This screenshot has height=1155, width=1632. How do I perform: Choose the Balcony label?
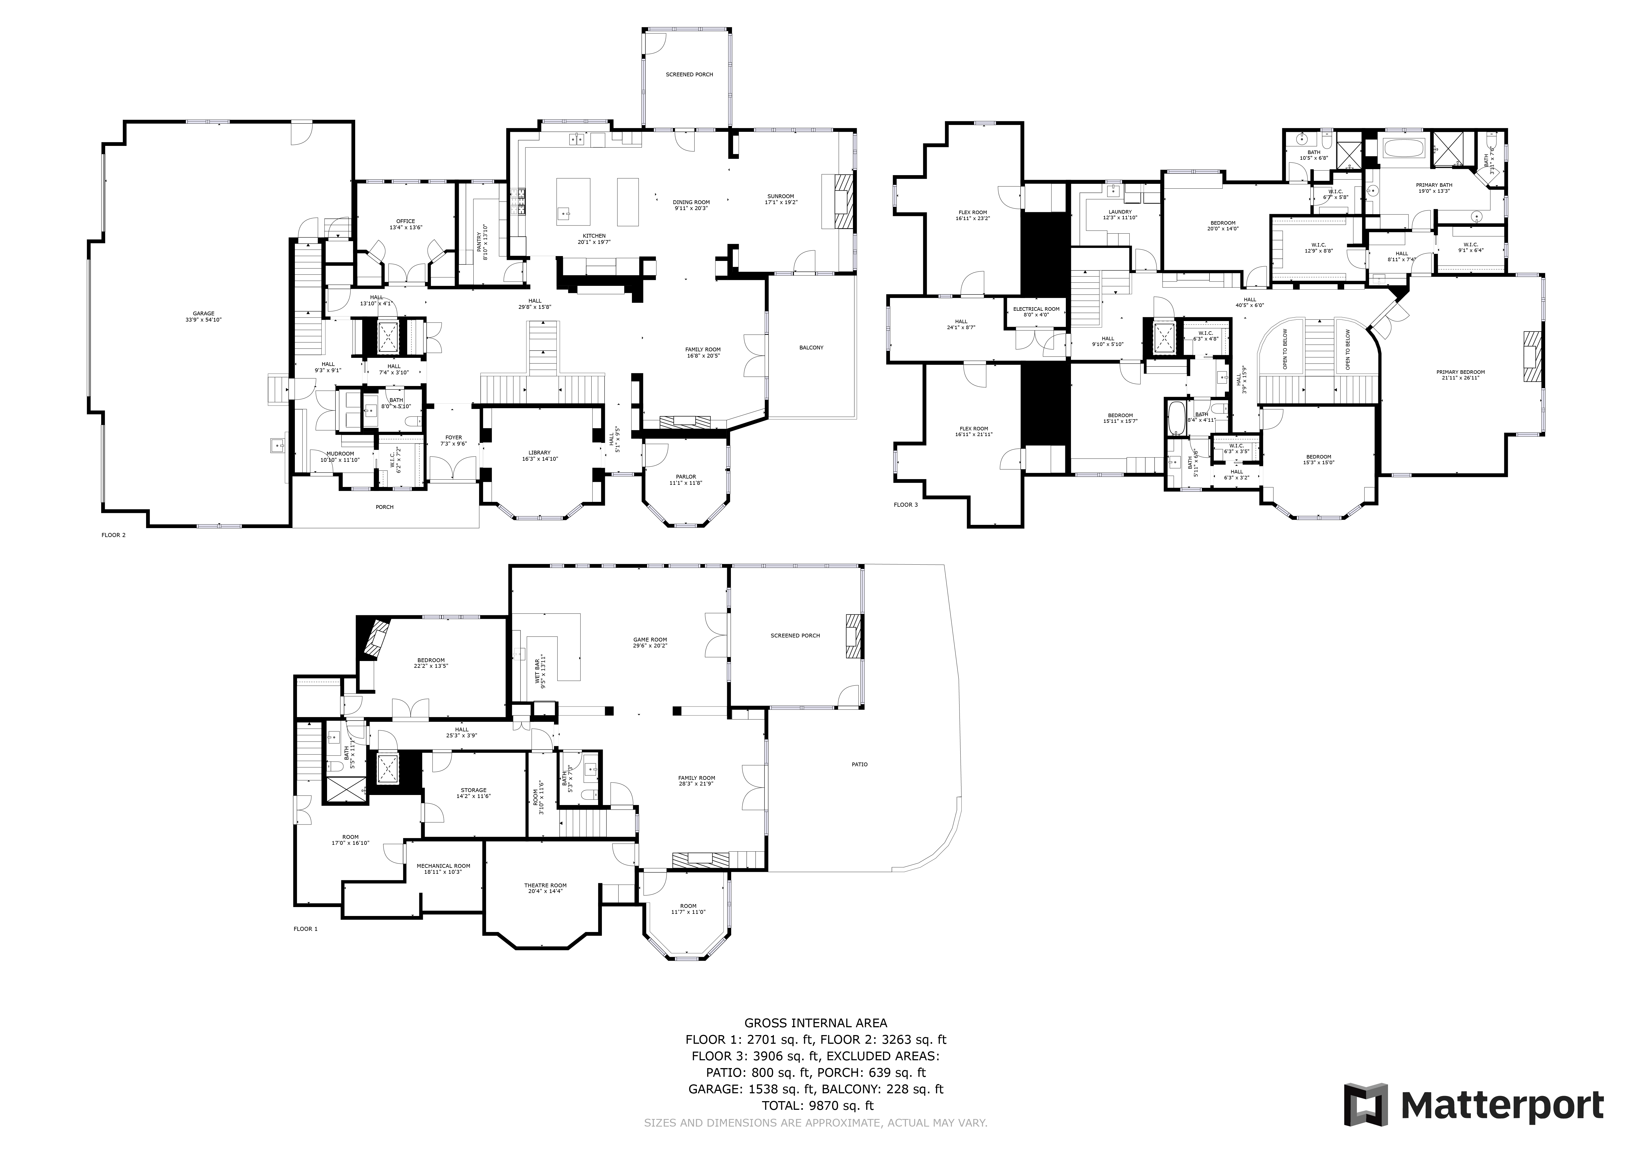[811, 348]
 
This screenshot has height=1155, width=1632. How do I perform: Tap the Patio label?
[859, 765]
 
